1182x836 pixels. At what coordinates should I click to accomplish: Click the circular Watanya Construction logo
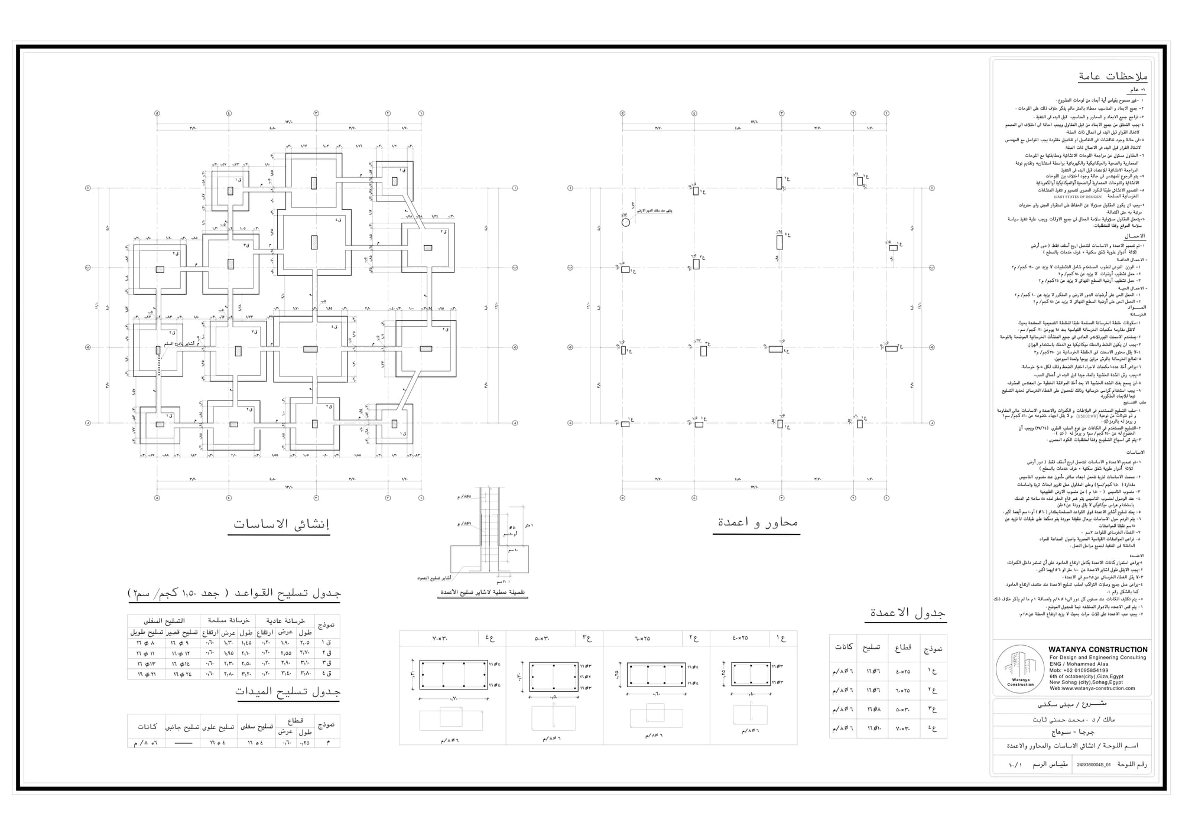pyautogui.click(x=1020, y=669)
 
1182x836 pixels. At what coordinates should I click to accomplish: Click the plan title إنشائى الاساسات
pyautogui.click(x=281, y=524)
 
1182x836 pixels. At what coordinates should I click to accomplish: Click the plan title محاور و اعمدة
pyautogui.click(x=758, y=522)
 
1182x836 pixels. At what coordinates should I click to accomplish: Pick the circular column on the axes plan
pyautogui.click(x=626, y=222)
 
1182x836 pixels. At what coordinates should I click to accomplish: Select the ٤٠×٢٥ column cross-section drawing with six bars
pyautogui.click(x=751, y=674)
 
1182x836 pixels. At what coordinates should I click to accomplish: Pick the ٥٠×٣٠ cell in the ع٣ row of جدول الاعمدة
pyautogui.click(x=903, y=710)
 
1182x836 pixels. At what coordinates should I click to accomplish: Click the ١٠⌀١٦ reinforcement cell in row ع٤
pyautogui.click(x=873, y=728)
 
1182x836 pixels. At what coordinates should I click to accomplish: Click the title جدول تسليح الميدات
pyautogui.click(x=288, y=691)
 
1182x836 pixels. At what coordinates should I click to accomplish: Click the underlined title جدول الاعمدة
pyautogui.click(x=907, y=613)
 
